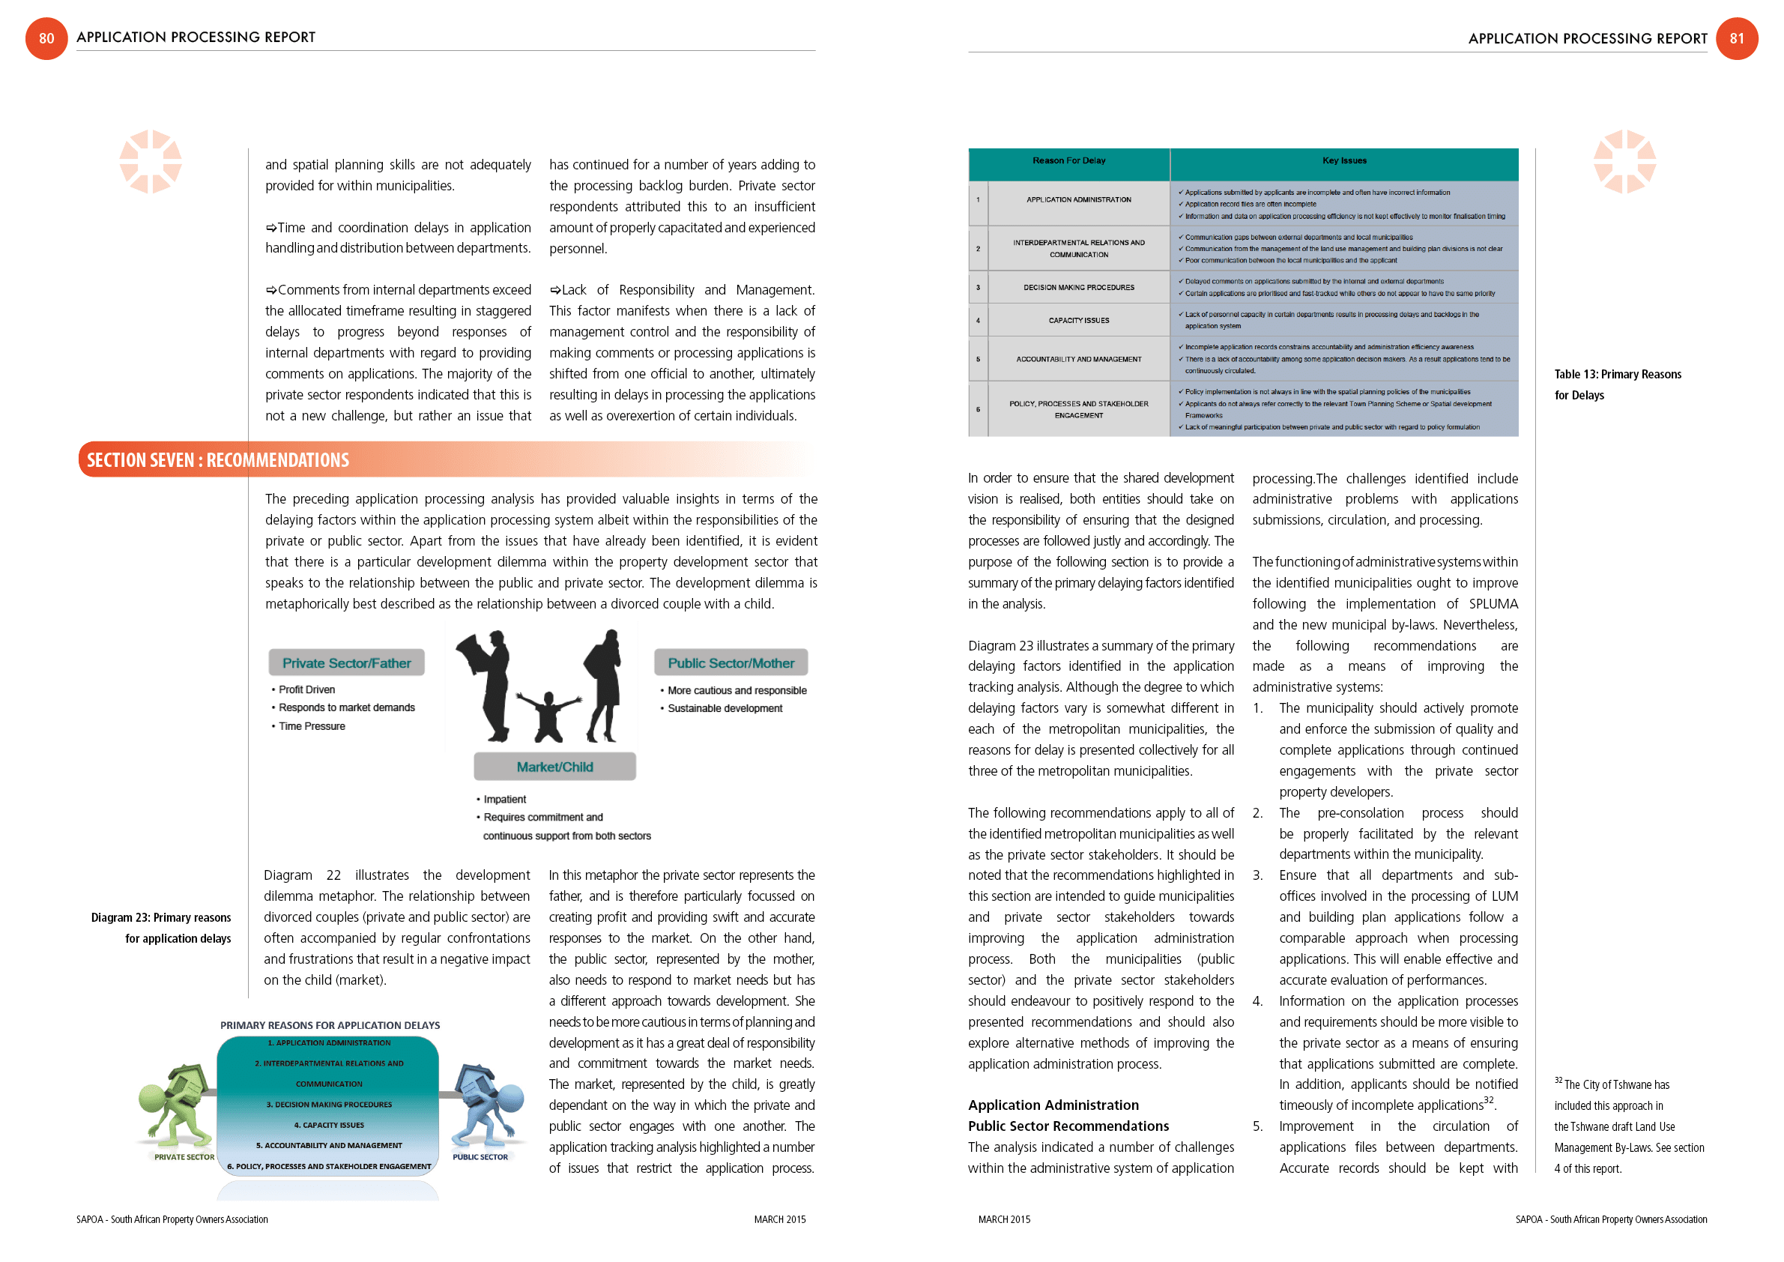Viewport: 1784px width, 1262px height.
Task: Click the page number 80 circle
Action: pos(46,38)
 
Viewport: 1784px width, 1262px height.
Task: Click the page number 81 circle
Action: pos(1737,38)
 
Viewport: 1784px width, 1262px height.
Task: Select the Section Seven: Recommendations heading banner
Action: pos(217,460)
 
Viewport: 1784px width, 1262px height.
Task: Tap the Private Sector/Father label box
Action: pos(347,663)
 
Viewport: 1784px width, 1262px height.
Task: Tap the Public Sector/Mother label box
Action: pos(731,663)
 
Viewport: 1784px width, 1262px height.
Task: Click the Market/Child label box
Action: pos(554,767)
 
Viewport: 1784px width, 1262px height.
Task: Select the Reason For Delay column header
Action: pos(1068,161)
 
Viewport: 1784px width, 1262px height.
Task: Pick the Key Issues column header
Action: pos(1344,161)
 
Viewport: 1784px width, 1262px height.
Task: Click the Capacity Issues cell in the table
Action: pos(1078,320)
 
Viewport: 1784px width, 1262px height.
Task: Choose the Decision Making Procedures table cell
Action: pos(1078,288)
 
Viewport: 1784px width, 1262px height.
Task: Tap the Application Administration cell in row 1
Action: pos(1078,199)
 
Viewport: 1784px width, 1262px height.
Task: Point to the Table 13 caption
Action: pos(1617,384)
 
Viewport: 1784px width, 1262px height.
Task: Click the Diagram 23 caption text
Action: pos(162,928)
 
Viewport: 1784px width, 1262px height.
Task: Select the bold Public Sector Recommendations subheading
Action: pos(1068,1126)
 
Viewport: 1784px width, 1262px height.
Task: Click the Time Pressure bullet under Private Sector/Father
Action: pos(312,726)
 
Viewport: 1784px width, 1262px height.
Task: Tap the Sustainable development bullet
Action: pos(725,708)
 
